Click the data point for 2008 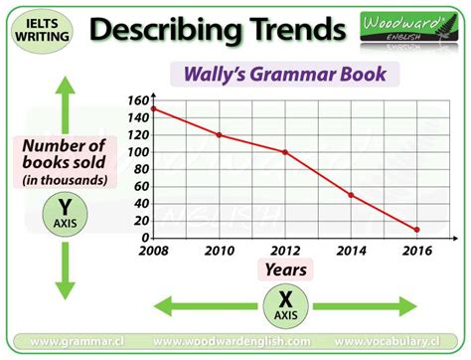[153, 108]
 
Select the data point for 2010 [219, 135]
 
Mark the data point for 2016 [415, 230]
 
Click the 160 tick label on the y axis [138, 99]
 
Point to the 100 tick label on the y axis [138, 152]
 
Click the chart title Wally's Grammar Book [286, 75]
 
